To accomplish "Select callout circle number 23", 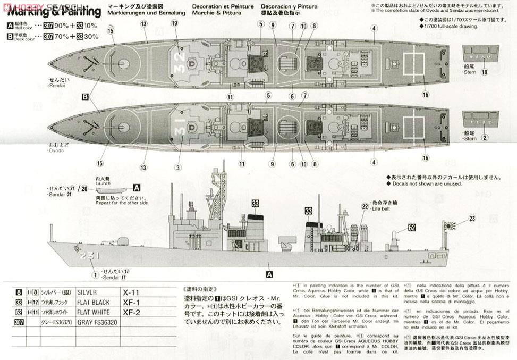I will coord(472,218).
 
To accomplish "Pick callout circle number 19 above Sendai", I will coord(175,23).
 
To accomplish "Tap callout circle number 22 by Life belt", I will coord(365,206).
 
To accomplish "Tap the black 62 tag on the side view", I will coord(411,227).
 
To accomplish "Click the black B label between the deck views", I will coord(84,97).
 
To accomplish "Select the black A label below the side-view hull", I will coord(269,274).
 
